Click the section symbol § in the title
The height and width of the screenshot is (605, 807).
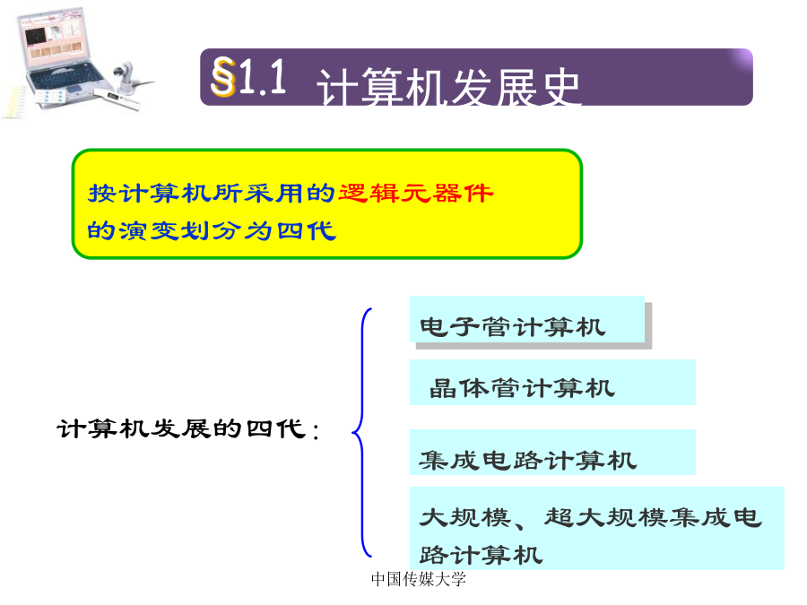223,77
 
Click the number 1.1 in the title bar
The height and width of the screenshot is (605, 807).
263,76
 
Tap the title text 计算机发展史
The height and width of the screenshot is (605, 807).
448,87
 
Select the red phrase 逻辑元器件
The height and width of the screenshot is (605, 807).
415,194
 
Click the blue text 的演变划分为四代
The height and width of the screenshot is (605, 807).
212,230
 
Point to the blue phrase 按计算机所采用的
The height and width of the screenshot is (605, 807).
212,194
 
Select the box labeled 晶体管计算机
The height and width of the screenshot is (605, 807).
552,382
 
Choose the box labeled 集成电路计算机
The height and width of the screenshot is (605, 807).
552,453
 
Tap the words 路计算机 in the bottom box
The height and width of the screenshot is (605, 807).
481,555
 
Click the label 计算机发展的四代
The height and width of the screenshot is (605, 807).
182,428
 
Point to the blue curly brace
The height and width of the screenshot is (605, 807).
362,432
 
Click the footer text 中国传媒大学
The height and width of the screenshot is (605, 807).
419,579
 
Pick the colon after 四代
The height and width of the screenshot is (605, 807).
315,431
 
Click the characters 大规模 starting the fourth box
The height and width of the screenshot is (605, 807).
465,517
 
